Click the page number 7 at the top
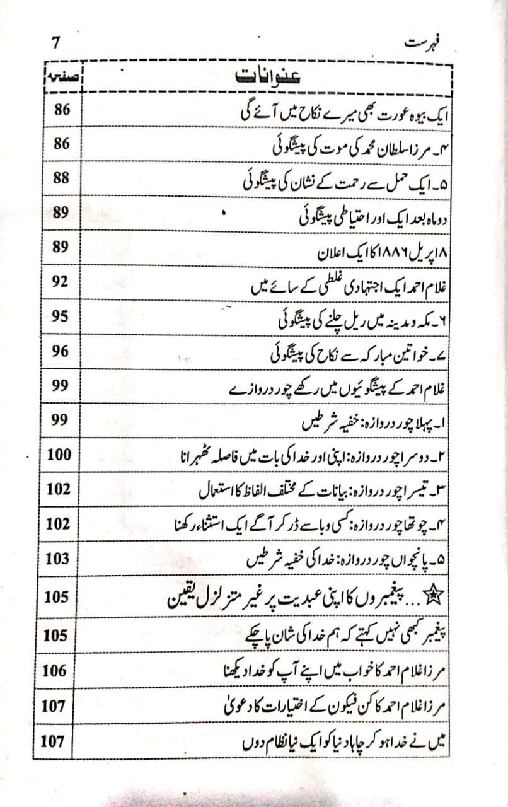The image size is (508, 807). point(55,44)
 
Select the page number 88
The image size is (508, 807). point(61,178)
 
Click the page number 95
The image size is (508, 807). point(61,316)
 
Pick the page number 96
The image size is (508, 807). point(61,351)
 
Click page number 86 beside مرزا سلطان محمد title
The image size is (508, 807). point(61,144)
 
